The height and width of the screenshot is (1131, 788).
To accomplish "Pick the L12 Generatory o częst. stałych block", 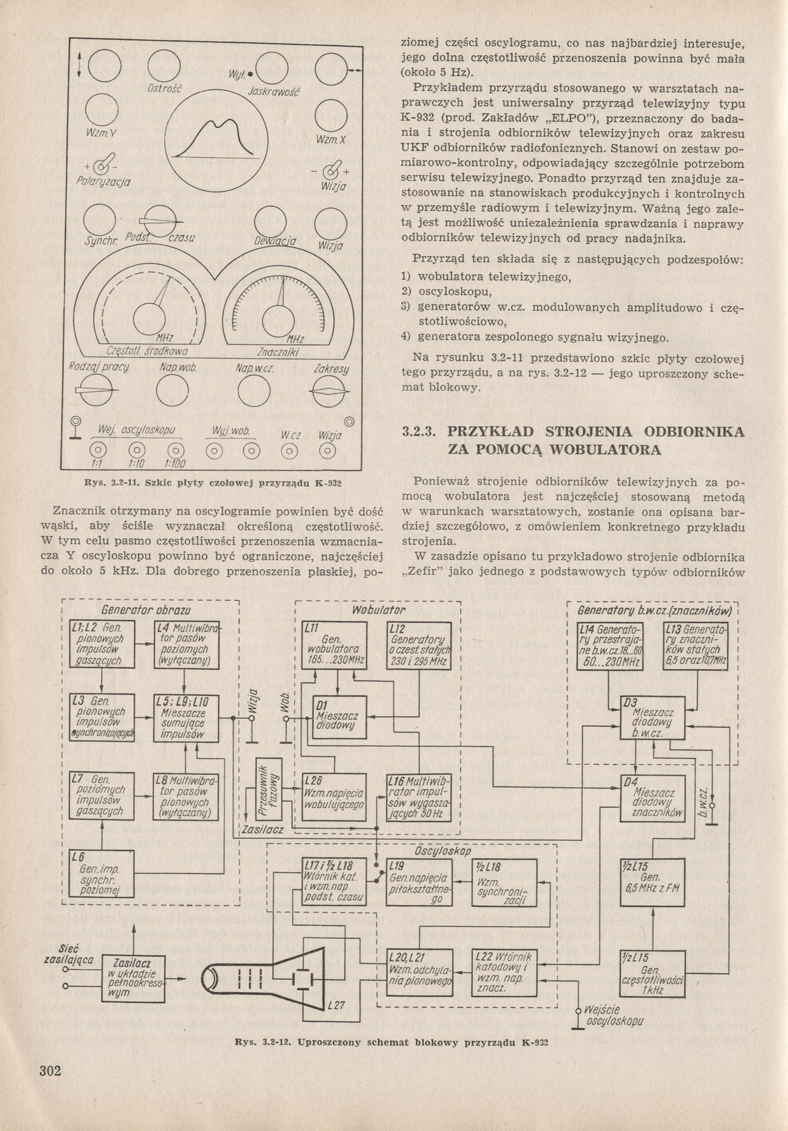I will [418, 645].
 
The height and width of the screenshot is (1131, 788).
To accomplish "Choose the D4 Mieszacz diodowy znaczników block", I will [652, 799].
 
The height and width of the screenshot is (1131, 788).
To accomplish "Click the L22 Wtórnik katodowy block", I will [502, 973].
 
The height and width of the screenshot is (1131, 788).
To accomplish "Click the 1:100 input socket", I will [175, 449].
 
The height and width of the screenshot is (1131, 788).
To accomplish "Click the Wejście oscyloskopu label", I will [613, 1014].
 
